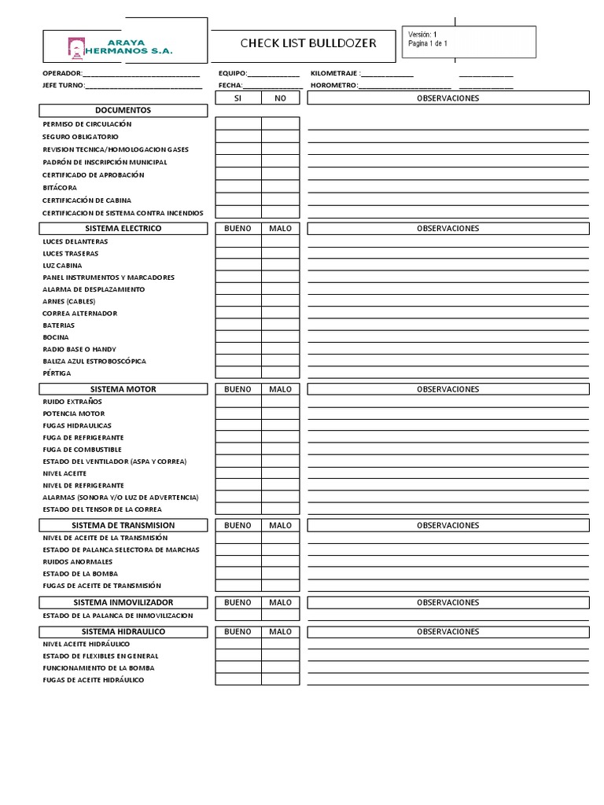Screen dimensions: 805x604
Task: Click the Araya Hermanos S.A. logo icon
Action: pyautogui.click(x=75, y=46)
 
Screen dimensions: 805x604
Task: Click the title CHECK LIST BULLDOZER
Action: pyautogui.click(x=308, y=43)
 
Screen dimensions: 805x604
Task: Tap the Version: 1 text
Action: pyautogui.click(x=422, y=35)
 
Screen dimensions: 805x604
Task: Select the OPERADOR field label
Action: pyautogui.click(x=61, y=73)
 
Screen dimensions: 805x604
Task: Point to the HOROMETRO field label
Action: pyautogui.click(x=334, y=85)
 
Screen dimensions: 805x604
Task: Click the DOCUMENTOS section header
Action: pyautogui.click(x=123, y=111)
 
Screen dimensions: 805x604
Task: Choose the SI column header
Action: pyautogui.click(x=238, y=98)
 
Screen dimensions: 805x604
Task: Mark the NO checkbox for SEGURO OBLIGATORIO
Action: pyautogui.click(x=280, y=136)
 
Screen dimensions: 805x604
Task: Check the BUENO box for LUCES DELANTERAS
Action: pyautogui.click(x=238, y=241)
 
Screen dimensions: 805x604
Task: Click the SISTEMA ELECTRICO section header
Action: pyautogui.click(x=123, y=228)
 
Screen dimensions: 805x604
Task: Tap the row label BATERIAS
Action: pyautogui.click(x=59, y=325)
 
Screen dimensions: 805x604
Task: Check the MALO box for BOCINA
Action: pyautogui.click(x=280, y=337)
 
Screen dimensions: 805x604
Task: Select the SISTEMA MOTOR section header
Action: pyautogui.click(x=123, y=389)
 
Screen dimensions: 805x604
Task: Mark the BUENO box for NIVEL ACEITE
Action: pyautogui.click(x=238, y=473)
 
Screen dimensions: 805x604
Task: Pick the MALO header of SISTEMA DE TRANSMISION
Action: pyautogui.click(x=280, y=524)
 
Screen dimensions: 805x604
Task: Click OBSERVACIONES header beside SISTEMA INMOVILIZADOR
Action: pyautogui.click(x=447, y=601)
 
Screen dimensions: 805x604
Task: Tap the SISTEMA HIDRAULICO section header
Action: pyautogui.click(x=123, y=631)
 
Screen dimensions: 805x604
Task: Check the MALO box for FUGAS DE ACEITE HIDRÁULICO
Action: pyautogui.click(x=280, y=679)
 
